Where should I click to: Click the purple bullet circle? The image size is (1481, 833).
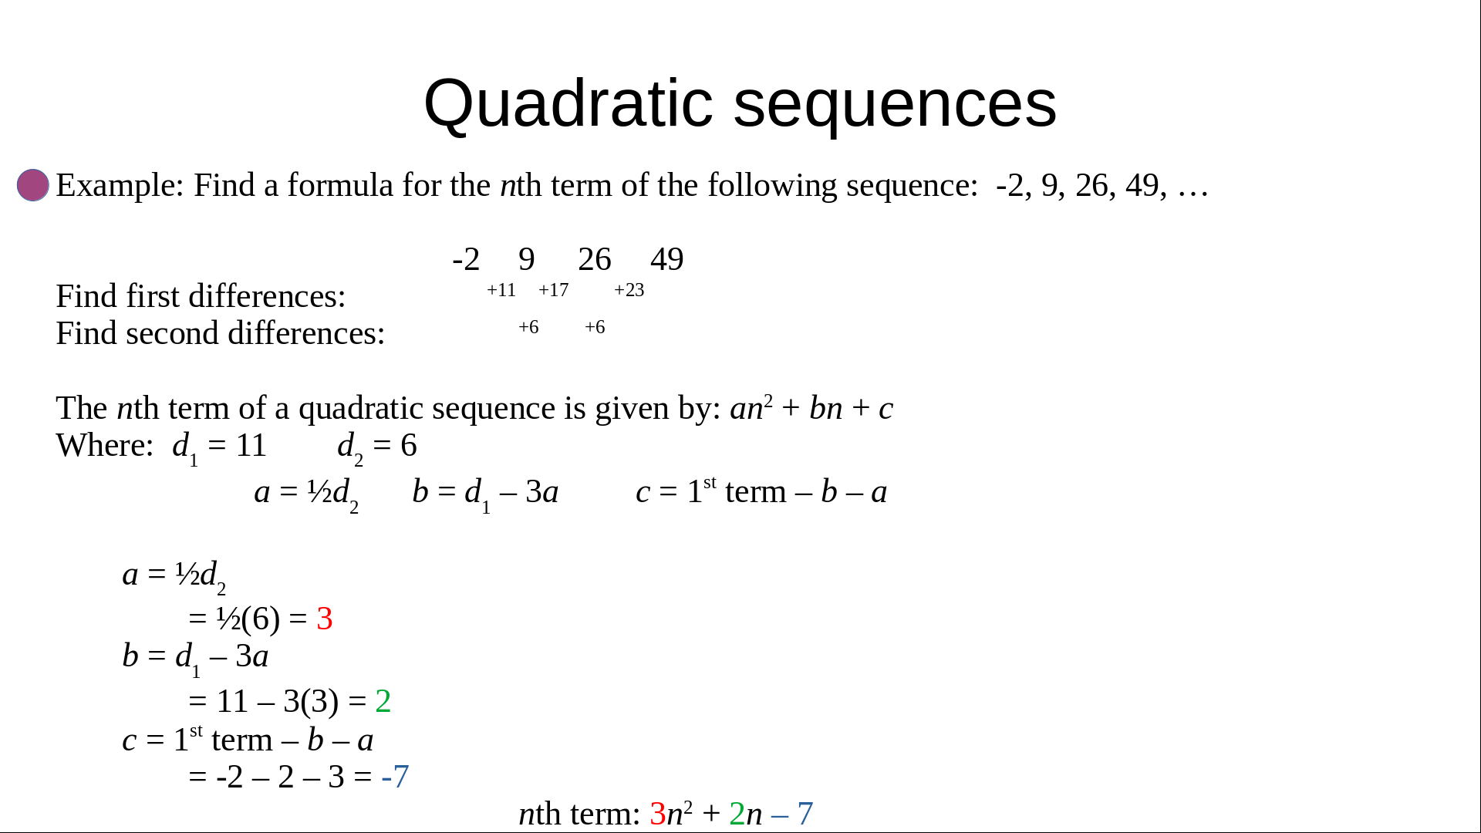tap(33, 185)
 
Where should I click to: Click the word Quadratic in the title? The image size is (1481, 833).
tap(568, 104)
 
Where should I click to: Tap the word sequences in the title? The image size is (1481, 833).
tap(895, 104)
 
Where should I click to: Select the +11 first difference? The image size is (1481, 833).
tap(501, 290)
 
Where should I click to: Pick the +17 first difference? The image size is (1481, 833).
tap(554, 290)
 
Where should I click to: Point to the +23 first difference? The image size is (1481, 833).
tap(629, 290)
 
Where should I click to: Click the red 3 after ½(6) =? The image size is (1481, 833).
tap(325, 619)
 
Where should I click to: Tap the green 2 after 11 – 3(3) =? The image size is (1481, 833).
tap(383, 701)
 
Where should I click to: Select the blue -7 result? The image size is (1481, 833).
tap(395, 777)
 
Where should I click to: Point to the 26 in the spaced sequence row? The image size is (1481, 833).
tap(595, 259)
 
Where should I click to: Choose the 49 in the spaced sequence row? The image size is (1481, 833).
tap(667, 259)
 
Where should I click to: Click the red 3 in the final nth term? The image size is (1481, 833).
tap(658, 814)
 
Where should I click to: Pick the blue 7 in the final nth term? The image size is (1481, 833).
tap(805, 814)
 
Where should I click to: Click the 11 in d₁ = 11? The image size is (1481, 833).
tap(251, 445)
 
